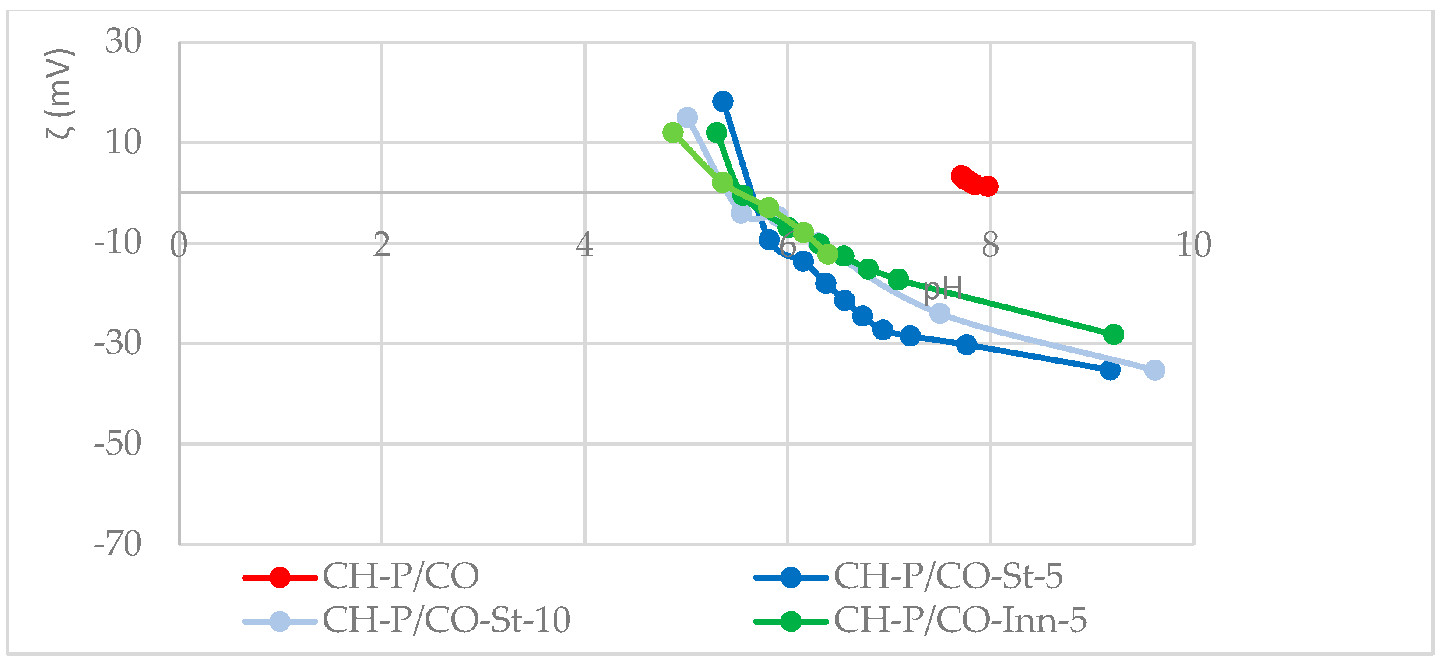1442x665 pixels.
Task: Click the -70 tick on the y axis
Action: pos(118,544)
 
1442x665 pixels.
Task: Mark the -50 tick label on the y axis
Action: pos(118,444)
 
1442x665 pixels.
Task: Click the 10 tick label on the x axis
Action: pos(1193,245)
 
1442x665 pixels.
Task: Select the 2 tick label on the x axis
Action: pos(382,245)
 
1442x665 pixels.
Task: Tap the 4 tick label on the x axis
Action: pos(585,245)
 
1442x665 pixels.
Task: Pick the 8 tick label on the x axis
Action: pos(990,245)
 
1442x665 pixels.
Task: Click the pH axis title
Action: pos(943,289)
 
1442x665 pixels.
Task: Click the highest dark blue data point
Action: pos(723,101)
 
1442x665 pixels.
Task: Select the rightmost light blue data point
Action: pos(1154,370)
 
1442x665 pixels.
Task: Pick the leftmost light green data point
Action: pos(673,133)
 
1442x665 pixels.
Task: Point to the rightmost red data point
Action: pos(988,185)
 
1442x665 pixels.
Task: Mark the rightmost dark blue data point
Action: pos(1109,370)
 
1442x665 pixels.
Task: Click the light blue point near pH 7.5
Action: pos(939,313)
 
